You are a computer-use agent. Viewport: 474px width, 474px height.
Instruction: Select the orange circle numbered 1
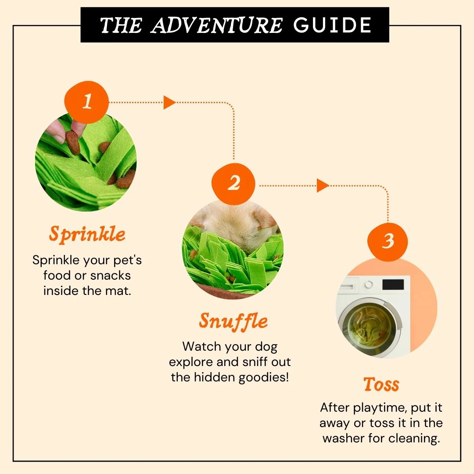coord(87,102)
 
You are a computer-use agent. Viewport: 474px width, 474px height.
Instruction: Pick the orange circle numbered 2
coord(233,183)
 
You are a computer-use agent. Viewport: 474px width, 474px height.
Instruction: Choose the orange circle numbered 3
coord(388,241)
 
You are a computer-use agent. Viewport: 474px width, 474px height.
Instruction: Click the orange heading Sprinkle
coord(87,234)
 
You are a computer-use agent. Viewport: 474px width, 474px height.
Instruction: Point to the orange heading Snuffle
coord(233,321)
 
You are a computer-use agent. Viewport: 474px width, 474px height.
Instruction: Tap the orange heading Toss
coord(381,384)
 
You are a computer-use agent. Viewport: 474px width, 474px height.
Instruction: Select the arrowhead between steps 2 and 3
coord(323,185)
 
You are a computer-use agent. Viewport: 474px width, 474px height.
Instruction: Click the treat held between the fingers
coord(73,143)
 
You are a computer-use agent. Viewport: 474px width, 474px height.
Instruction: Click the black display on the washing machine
coord(393,284)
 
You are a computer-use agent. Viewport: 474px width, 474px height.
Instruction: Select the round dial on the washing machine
coord(369,284)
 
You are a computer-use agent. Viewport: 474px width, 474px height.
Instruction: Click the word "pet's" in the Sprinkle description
coord(127,260)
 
